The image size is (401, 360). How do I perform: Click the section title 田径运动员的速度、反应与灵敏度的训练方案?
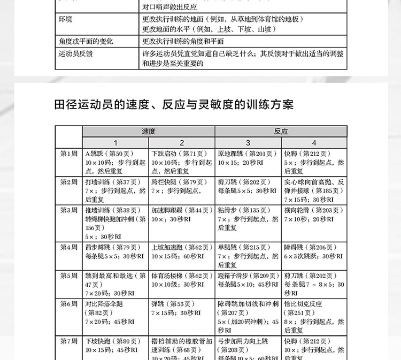[x=174, y=104]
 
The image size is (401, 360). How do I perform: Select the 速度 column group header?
[x=149, y=131]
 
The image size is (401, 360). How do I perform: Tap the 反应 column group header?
[x=281, y=131]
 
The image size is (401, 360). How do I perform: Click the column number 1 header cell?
[x=115, y=143]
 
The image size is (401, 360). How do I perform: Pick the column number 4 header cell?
[x=314, y=143]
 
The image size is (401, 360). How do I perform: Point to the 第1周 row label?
[x=68, y=154]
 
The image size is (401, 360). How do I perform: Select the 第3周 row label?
[x=68, y=210]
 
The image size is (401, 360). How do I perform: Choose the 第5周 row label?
[x=68, y=275]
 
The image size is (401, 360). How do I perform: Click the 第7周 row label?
[x=68, y=341]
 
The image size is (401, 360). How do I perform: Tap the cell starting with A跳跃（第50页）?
[x=115, y=163]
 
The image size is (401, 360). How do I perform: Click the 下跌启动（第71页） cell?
[x=182, y=163]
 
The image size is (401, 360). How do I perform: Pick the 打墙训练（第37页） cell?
[x=115, y=190]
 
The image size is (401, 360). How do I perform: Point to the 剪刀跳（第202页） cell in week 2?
[x=248, y=186]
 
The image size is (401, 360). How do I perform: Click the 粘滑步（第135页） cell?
[x=248, y=219]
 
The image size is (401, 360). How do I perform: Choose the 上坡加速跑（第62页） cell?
[x=182, y=251]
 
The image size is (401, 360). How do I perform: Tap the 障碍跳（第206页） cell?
[x=314, y=251]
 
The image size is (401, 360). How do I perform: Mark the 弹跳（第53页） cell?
[x=182, y=308]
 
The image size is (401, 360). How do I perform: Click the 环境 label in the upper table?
[x=66, y=19]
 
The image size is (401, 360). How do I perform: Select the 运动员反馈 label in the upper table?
[x=75, y=54]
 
